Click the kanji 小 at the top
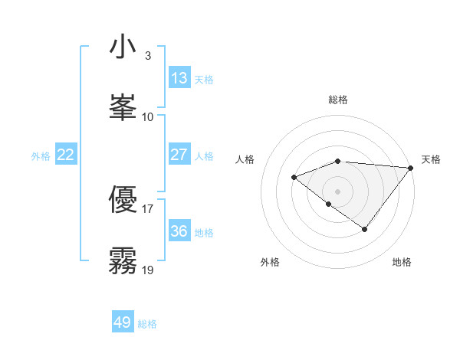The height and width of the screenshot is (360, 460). pos(123,48)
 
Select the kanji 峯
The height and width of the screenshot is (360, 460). pos(123,106)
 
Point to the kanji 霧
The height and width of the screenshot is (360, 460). pos(123,260)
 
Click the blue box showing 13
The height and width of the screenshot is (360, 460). pos(179,78)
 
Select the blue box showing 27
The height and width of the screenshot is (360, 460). pos(179,155)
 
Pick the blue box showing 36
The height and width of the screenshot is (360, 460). pos(179,231)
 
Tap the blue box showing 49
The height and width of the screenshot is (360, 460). pos(123,322)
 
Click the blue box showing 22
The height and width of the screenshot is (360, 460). pos(66,155)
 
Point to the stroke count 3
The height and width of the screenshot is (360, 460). pos(147,56)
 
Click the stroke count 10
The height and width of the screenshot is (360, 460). pos(148,116)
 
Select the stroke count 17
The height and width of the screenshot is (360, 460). pos(148,208)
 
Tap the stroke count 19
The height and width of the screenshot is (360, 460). pos(148,269)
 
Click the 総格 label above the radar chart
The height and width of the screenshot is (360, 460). pos(337,100)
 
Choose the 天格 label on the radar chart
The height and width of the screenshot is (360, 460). pos(431,159)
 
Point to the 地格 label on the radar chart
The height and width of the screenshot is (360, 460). pos(402,262)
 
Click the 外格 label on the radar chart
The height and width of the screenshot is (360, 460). pos(270,262)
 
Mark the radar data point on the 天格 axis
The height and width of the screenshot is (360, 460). pos(411,167)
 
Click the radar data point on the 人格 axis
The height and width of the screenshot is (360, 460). pos(294,177)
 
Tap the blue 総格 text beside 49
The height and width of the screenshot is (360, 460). pos(147,324)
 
